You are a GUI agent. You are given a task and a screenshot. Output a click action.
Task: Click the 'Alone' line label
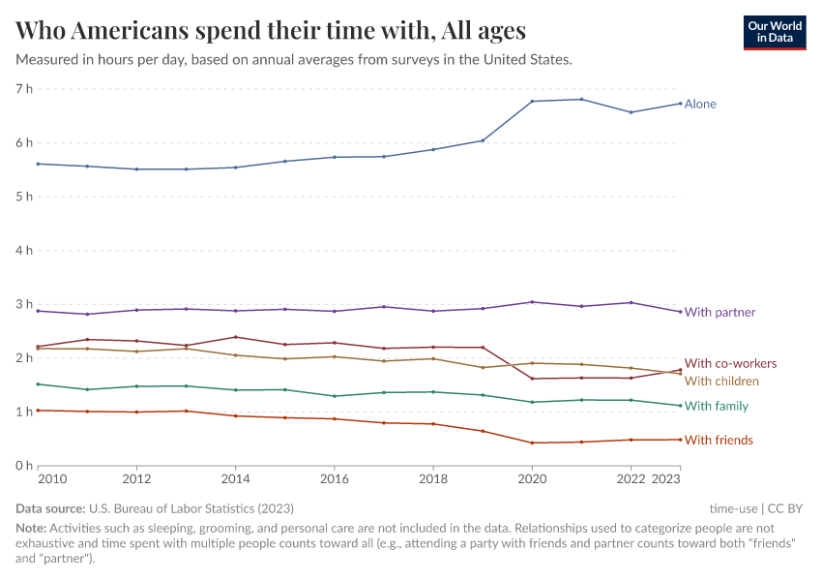[x=700, y=104]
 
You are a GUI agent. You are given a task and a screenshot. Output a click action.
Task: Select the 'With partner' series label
[x=719, y=312]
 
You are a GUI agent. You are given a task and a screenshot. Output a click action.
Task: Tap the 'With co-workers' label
[x=730, y=363]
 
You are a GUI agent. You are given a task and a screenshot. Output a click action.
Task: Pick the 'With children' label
[x=721, y=381]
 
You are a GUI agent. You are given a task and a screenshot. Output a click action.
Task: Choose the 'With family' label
[x=716, y=406]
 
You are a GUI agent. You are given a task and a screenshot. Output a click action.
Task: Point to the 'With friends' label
[x=718, y=440]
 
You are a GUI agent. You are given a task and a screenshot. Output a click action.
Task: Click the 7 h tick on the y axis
[x=24, y=89]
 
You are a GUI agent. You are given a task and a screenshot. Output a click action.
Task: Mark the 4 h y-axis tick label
[x=24, y=250]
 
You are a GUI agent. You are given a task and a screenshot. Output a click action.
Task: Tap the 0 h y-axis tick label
[x=24, y=466]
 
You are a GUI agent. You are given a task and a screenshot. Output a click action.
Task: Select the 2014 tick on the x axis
[x=235, y=478]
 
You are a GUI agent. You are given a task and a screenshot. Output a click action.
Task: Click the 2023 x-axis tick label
[x=665, y=478]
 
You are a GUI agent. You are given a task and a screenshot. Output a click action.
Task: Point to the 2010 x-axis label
[x=52, y=478]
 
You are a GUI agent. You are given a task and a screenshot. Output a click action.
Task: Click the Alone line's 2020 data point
[x=532, y=101]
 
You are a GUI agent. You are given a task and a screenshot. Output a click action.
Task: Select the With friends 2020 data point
[x=532, y=443]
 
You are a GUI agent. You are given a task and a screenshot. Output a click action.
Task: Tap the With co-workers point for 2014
[x=235, y=337]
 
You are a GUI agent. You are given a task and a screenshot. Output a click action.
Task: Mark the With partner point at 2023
[x=680, y=312]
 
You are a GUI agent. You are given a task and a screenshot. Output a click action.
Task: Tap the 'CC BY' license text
[x=786, y=507]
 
